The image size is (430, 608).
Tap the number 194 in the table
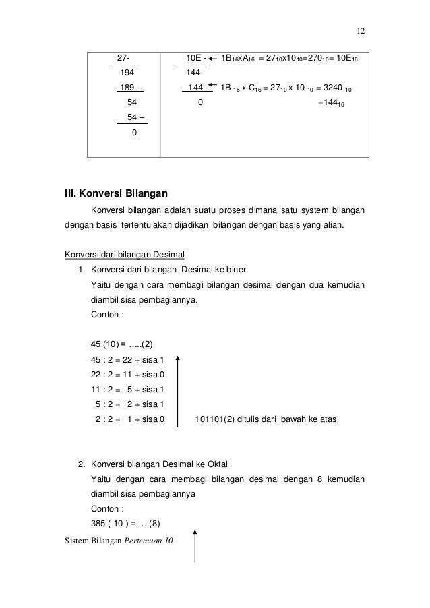pos(126,72)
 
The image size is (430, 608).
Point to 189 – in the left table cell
pos(129,87)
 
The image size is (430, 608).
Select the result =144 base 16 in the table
pos(331,103)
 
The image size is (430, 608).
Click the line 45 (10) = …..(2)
pos(121,345)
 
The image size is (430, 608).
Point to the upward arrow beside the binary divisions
pos(179,388)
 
